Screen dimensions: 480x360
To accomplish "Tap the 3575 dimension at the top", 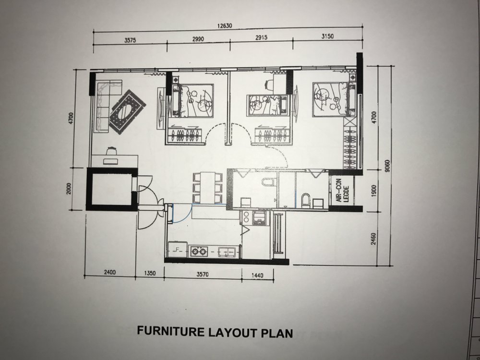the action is tap(130, 40).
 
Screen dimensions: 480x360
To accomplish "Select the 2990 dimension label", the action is tap(198, 39).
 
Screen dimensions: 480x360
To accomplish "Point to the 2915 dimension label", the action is tap(261, 37).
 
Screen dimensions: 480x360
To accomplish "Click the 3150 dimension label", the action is tap(327, 36).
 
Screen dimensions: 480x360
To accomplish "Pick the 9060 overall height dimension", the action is tap(387, 166).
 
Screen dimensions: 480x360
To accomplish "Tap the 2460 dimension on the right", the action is tap(373, 239).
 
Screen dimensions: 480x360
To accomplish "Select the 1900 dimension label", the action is tap(373, 191).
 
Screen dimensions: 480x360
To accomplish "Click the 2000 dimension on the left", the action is tap(69, 188).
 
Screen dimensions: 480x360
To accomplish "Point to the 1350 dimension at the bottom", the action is tap(150, 273).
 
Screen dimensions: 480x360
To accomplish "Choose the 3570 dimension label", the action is tap(203, 274).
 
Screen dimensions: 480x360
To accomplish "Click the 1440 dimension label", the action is tap(257, 276).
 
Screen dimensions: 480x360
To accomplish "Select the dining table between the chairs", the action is tap(208, 187).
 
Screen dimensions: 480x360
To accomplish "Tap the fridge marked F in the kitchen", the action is tap(178, 250).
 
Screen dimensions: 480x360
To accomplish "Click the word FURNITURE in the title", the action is tap(171, 331).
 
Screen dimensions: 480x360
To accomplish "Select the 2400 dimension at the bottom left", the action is tap(109, 272).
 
